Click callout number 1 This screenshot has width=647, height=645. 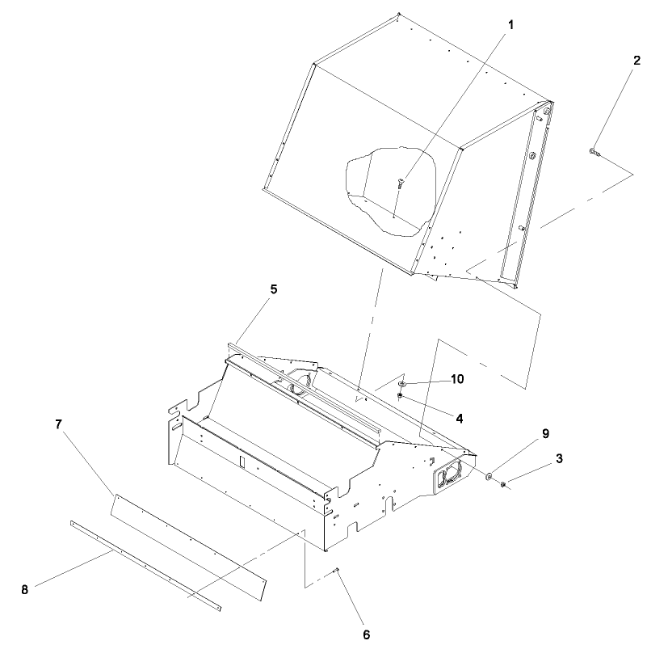[x=510, y=24]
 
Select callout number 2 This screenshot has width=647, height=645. [x=636, y=61]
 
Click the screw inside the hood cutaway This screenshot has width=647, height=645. [x=399, y=185]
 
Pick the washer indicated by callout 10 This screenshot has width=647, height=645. [x=401, y=383]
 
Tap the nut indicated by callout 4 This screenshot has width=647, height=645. [x=401, y=395]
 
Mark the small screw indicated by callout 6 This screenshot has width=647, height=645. [x=337, y=571]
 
